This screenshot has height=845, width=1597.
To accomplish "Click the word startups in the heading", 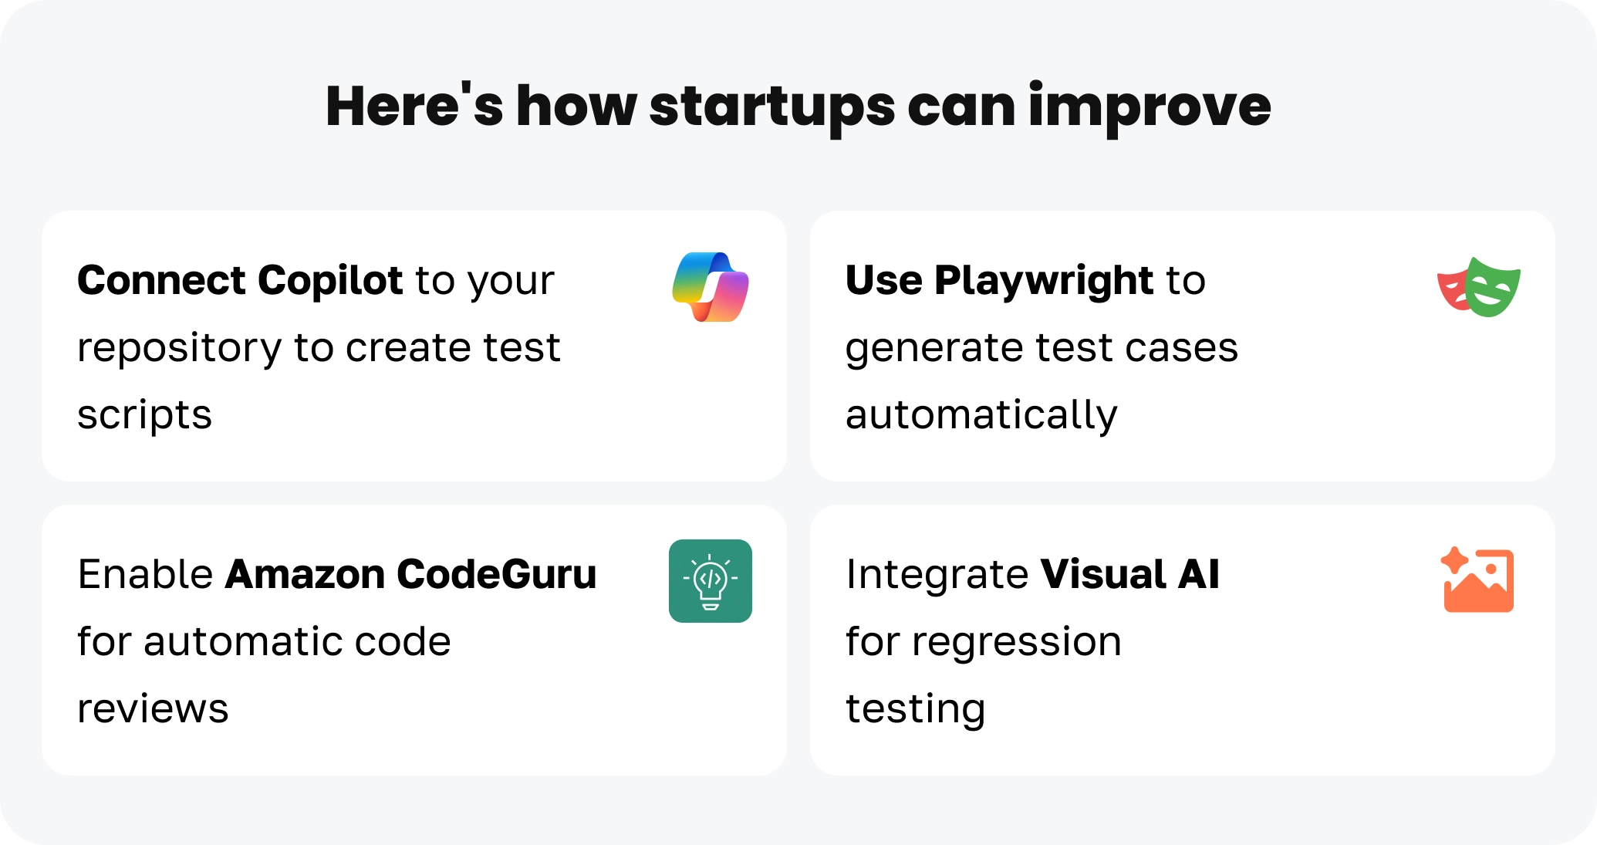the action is (x=772, y=108).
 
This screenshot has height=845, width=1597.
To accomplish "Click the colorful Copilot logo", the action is (x=711, y=287).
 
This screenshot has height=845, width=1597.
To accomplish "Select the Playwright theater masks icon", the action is (x=1478, y=287).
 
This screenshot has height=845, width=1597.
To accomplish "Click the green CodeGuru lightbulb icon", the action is (x=711, y=581).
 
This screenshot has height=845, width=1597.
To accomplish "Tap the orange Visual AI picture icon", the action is (x=1477, y=580).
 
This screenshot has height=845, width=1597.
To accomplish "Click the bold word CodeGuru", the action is (x=497, y=574).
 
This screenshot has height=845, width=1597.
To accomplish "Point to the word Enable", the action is (x=146, y=574).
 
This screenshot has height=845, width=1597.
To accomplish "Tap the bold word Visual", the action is (x=1103, y=574).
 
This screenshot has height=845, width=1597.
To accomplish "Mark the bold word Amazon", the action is (x=306, y=574).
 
